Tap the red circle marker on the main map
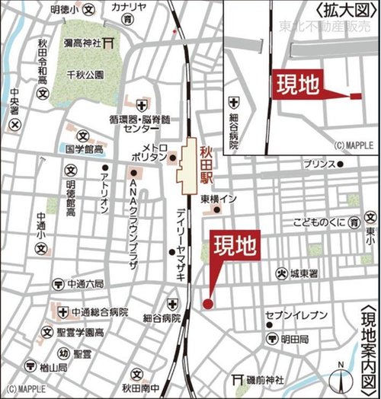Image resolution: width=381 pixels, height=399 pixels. (x=207, y=305)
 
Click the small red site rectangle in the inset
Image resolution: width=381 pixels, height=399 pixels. (x=355, y=96)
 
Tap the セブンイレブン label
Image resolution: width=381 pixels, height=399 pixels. (x=296, y=315)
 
